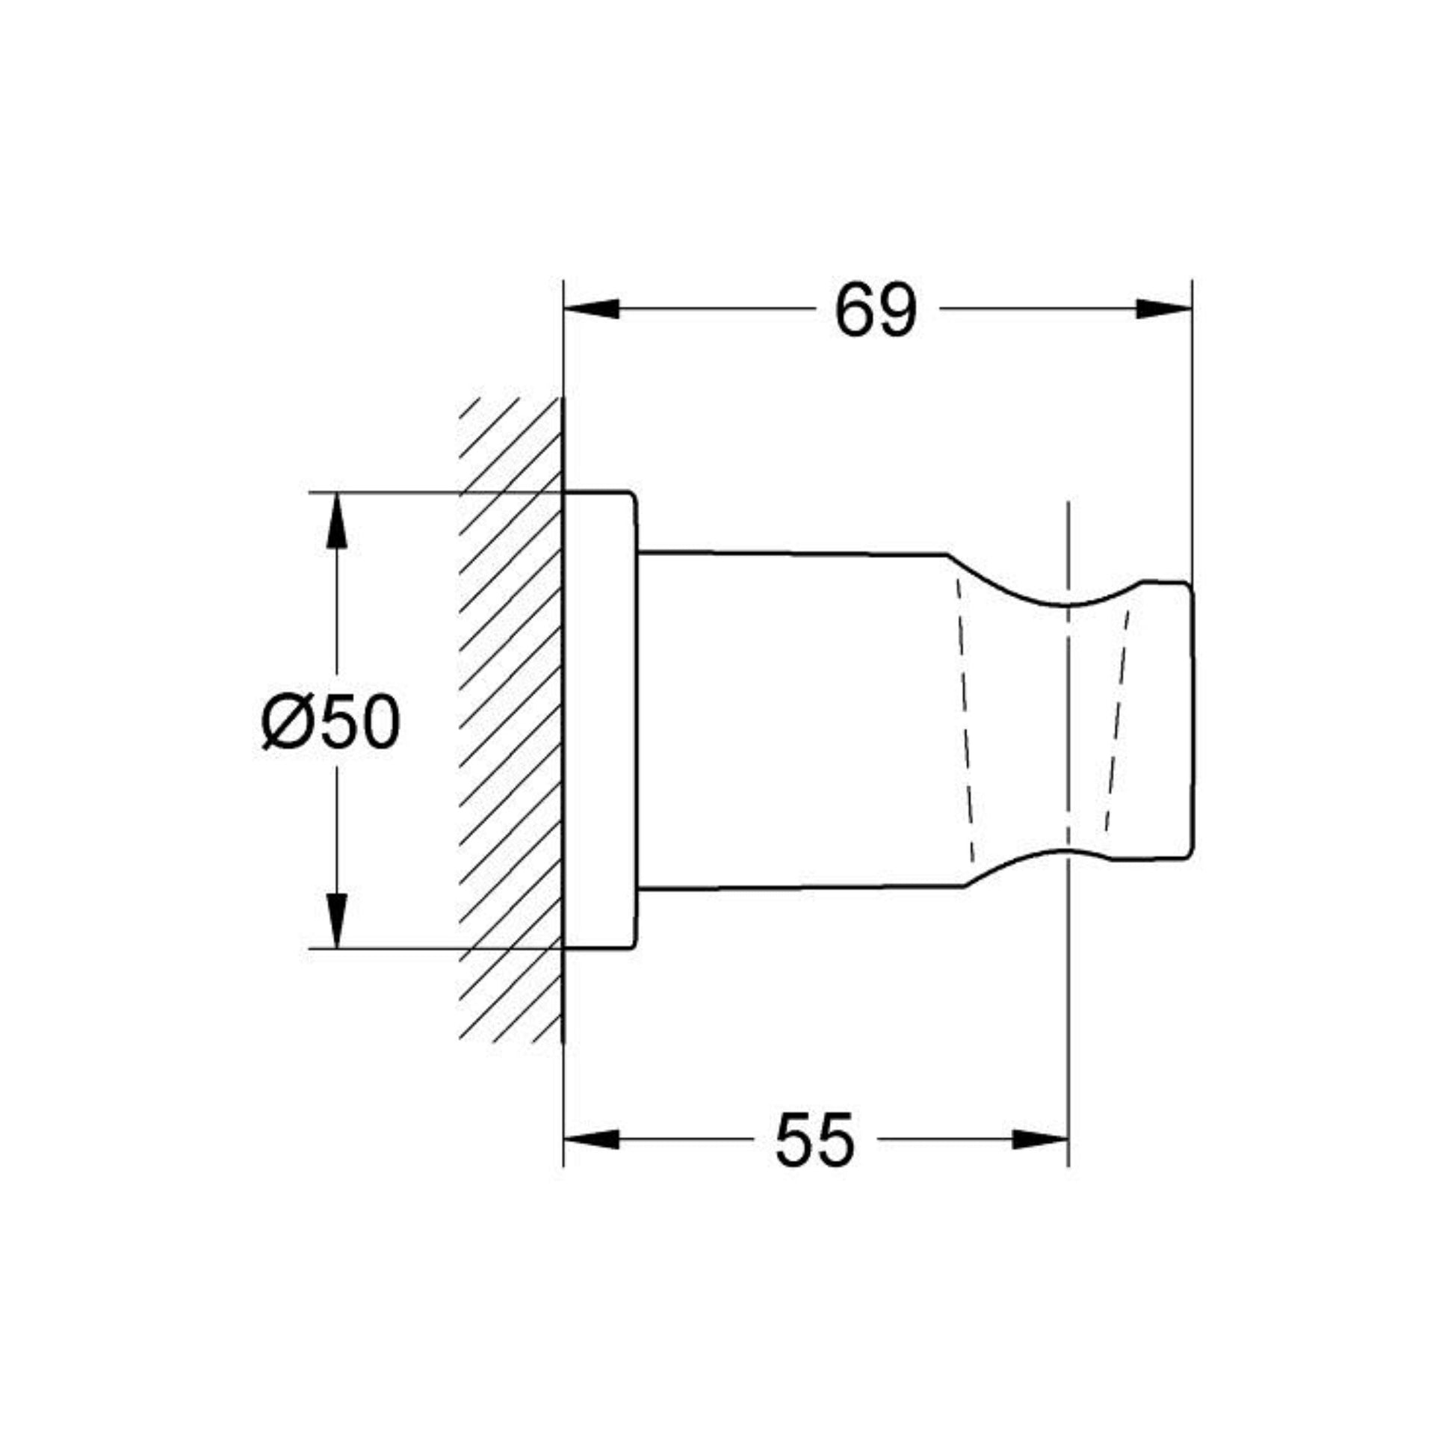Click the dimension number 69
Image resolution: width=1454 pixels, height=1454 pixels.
coord(876,310)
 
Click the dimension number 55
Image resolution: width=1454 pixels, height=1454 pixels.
coord(815,1139)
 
